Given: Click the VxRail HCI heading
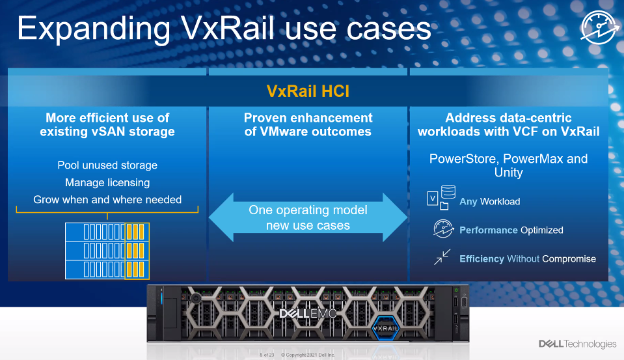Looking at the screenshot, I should pyautogui.click(x=308, y=91).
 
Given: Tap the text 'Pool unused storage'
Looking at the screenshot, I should pyautogui.click(x=107, y=165).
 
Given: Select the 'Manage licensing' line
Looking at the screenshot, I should pyautogui.click(x=107, y=182).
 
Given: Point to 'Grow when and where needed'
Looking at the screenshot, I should pyautogui.click(x=107, y=199).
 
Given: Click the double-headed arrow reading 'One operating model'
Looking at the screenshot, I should pyautogui.click(x=308, y=218).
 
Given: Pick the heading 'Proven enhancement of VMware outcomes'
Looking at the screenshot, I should pyautogui.click(x=308, y=124).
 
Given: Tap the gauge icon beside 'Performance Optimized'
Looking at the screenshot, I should pyautogui.click(x=442, y=229).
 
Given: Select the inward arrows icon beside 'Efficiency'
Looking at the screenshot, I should pyautogui.click(x=442, y=258).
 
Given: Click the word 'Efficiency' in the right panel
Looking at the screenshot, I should pyautogui.click(x=482, y=258).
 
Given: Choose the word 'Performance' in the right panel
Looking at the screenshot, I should pyautogui.click(x=488, y=230).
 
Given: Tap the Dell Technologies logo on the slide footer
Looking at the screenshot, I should pyautogui.click(x=577, y=344).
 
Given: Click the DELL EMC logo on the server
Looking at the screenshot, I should pyautogui.click(x=308, y=314).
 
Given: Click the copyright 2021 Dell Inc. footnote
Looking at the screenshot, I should pyautogui.click(x=308, y=355).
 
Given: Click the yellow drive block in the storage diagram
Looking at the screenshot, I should pyautogui.click(x=137, y=251).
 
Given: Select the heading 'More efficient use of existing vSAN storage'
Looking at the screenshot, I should pyautogui.click(x=107, y=124).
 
